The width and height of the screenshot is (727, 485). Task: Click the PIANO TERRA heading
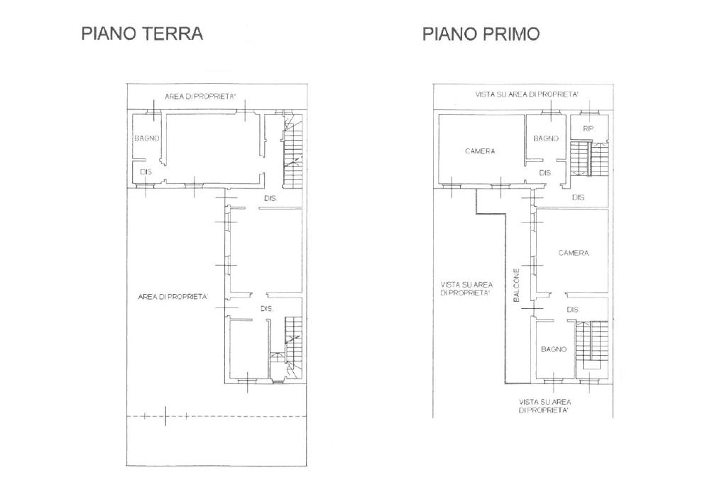point(142,34)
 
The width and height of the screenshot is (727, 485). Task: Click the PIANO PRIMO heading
point(481,34)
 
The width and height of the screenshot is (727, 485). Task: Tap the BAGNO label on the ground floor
point(147,138)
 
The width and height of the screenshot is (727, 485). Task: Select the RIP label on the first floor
point(588,129)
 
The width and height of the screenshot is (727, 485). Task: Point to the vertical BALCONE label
point(517,285)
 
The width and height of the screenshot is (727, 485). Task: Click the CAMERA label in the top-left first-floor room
point(480,151)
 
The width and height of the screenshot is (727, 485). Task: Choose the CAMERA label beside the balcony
point(574,254)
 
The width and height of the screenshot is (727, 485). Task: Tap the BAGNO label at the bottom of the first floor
point(554,349)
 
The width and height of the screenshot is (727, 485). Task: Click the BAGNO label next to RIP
point(546,138)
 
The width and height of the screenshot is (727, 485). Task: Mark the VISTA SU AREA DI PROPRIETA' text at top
point(527,94)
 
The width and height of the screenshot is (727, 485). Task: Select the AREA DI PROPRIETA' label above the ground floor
point(200,97)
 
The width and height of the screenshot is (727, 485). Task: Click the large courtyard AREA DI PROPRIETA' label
point(173,297)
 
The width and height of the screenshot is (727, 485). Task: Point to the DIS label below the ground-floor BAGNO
point(146,172)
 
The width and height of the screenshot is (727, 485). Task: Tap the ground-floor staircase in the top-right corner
point(292,151)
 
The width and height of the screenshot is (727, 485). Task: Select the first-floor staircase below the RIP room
point(589,158)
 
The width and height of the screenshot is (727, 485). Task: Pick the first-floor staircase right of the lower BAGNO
point(591,345)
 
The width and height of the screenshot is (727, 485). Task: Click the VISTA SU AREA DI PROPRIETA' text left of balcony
point(466,289)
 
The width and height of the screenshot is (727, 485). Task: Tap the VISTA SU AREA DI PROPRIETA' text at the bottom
point(545,406)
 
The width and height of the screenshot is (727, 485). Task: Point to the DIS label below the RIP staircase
point(578,197)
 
